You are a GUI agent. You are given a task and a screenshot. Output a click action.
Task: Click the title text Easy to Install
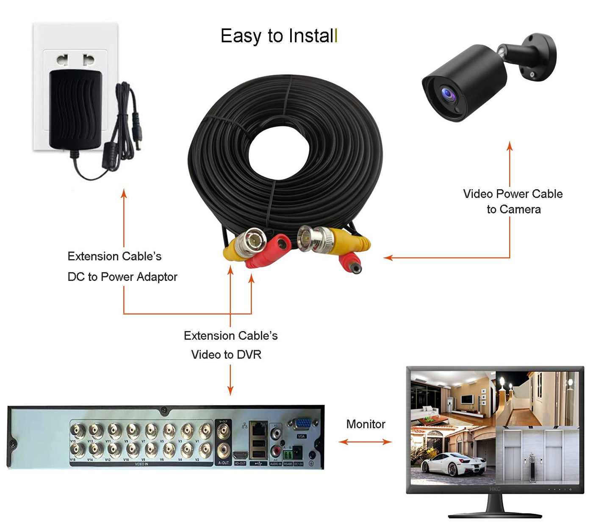(279, 36)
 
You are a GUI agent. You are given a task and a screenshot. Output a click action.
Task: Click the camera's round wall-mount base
(539, 56)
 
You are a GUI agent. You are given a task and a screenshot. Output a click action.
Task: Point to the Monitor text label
(366, 424)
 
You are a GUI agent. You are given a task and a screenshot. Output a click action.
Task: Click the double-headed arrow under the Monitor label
(365, 442)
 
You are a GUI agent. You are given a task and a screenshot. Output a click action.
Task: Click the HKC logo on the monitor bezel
(494, 489)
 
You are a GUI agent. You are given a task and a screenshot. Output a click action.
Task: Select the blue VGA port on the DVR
(302, 425)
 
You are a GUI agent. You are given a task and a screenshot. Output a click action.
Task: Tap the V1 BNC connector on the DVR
(205, 431)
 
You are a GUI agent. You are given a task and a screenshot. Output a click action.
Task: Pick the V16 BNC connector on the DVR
(77, 450)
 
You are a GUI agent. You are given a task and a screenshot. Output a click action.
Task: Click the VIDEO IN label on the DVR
(141, 464)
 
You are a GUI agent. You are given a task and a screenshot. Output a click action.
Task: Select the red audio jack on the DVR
(276, 451)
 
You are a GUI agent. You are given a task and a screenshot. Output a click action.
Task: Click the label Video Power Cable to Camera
(513, 202)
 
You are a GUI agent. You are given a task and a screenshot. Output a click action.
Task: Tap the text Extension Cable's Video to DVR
(230, 345)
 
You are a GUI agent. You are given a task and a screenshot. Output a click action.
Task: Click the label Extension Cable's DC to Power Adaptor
(122, 266)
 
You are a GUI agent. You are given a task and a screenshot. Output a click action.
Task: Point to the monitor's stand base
(494, 515)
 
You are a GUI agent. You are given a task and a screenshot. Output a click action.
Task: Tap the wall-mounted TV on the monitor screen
(467, 399)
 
